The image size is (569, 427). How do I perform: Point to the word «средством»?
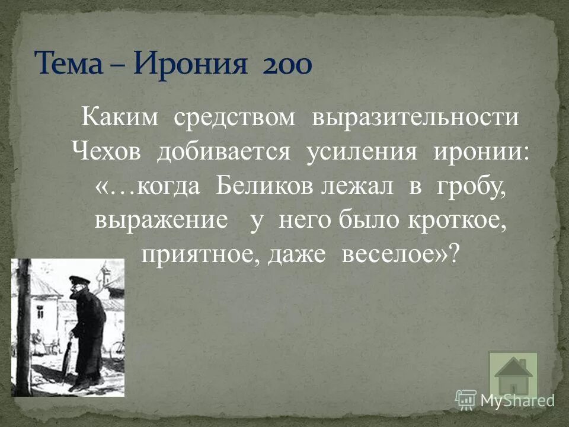[235, 117]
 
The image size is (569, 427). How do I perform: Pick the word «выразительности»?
[415, 117]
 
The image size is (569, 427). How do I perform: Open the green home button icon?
[513, 375]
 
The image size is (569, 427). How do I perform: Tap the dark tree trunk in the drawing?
[23, 326]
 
